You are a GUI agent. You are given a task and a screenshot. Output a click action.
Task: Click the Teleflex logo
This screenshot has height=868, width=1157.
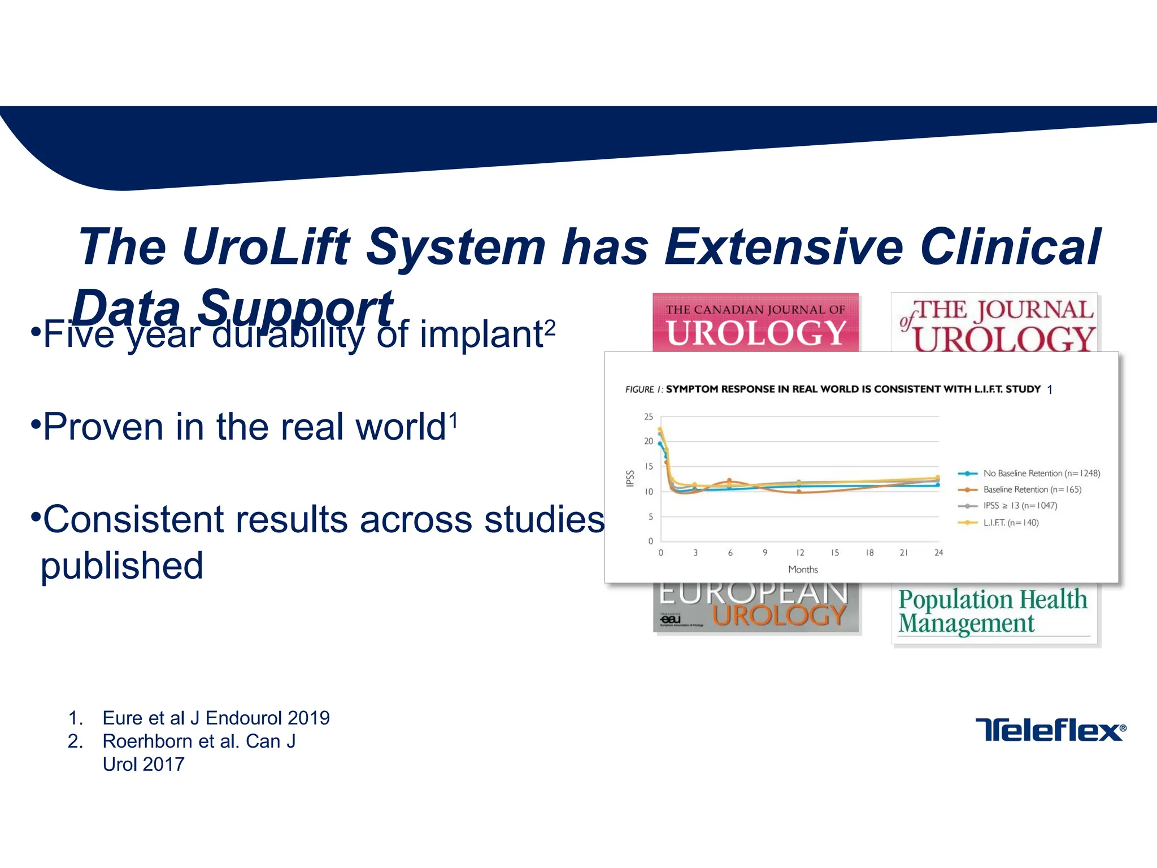[x=1050, y=730]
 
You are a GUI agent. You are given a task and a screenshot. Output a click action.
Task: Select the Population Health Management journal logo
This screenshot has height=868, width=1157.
[x=993, y=611]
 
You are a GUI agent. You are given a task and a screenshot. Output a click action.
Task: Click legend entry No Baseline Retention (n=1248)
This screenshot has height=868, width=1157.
[x=1041, y=474]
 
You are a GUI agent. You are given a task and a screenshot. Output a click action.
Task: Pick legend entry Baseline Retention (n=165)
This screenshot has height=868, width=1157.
[x=1032, y=490]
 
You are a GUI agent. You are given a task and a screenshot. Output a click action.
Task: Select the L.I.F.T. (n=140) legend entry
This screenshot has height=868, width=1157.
[x=1010, y=523]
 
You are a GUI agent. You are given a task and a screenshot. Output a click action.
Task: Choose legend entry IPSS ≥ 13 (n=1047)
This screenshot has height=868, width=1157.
[x=1019, y=506]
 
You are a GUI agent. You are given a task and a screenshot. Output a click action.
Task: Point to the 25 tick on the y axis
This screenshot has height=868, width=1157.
[x=649, y=417]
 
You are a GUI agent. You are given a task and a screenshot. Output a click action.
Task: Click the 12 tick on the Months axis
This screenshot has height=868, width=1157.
[x=800, y=553]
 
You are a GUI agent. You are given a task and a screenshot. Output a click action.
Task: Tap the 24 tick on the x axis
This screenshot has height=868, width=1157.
[x=938, y=553]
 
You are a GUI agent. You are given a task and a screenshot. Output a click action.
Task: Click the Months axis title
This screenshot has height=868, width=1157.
[x=803, y=570]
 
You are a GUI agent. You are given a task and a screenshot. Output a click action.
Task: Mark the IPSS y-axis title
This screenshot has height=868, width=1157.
[x=630, y=479]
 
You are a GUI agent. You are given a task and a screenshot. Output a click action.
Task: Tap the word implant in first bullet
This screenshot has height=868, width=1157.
[x=480, y=335]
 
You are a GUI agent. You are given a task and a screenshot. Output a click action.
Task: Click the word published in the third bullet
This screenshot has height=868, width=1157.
[x=122, y=566]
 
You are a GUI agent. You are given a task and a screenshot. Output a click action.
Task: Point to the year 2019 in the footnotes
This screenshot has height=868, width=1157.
[x=308, y=718]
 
